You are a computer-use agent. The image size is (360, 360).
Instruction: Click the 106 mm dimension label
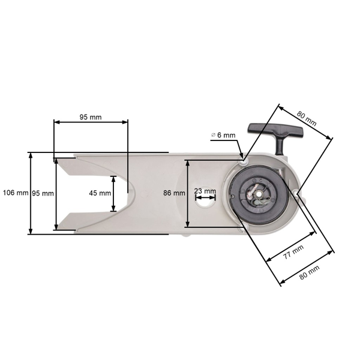tap(15, 193)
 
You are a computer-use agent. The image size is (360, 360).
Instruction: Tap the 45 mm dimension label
tap(100, 193)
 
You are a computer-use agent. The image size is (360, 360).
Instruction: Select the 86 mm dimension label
tap(173, 193)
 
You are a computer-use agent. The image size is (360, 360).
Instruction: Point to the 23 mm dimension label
tap(205, 191)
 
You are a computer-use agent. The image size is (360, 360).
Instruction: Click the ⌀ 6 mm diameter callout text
tap(223, 136)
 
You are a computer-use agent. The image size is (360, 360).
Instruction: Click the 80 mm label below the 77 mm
tap(308, 271)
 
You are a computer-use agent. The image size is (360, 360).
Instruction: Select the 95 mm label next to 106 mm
tap(43, 193)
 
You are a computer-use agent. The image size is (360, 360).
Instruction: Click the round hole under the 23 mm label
tap(205, 202)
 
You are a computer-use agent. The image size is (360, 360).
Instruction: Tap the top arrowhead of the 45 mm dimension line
tap(114, 178)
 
